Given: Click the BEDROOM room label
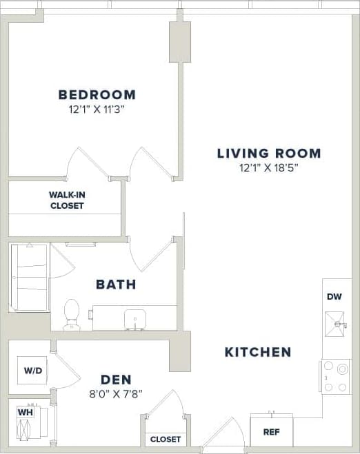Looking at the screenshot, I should point(97,95).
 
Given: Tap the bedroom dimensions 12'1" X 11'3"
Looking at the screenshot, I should point(97,109).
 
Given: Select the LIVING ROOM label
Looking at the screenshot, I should point(269,154).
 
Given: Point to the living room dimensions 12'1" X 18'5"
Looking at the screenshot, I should point(269,167).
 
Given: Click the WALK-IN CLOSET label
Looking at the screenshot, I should point(66,200).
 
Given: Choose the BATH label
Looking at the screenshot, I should point(116,284).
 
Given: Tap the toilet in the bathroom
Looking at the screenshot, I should point(71,315).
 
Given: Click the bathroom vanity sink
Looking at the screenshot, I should point(135,318).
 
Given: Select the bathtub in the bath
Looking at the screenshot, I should point(29,278).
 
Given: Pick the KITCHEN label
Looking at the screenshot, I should point(258,352).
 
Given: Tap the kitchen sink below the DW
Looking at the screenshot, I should point(337,323).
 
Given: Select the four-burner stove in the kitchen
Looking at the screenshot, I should point(336,377).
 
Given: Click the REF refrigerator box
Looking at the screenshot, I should point(271,433).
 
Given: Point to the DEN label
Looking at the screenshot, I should point(116,380).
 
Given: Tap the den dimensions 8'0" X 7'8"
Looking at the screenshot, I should point(116,393).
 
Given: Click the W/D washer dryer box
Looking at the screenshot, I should point(33,371).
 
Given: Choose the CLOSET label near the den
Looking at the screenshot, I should point(165,439).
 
